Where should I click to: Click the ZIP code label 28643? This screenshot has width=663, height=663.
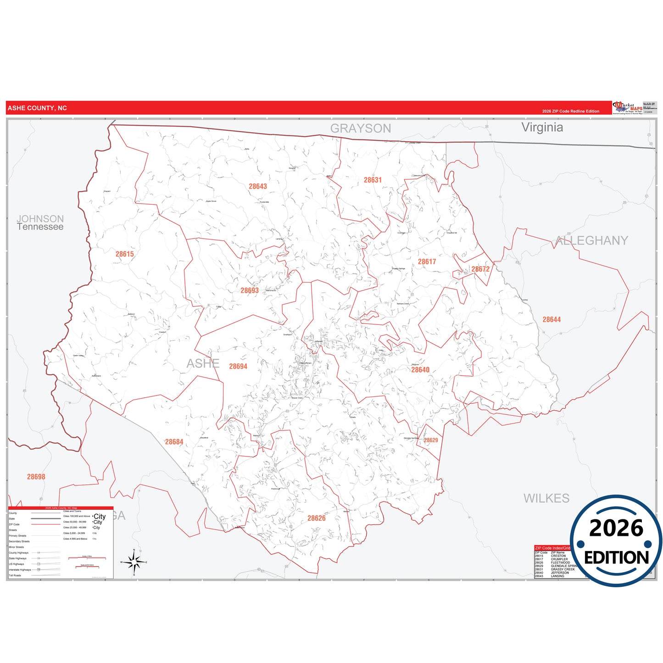click(x=258, y=186)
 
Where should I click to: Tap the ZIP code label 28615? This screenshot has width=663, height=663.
click(x=124, y=254)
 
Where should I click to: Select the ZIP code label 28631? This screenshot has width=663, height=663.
click(x=373, y=180)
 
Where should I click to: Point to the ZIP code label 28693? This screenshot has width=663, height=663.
click(x=250, y=290)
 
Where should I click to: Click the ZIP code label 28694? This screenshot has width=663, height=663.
click(x=238, y=366)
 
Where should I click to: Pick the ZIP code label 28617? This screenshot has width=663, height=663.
click(x=427, y=262)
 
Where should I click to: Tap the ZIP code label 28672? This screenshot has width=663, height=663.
click(x=480, y=269)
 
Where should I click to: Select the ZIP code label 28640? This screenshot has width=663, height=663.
click(x=420, y=370)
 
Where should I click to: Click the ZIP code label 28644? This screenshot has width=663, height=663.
click(x=552, y=319)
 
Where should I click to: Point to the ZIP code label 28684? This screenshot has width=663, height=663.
click(x=174, y=442)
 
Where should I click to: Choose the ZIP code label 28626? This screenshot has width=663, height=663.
click(x=317, y=518)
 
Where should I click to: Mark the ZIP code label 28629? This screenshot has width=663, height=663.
click(x=431, y=440)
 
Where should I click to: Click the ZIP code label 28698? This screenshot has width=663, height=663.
click(x=36, y=477)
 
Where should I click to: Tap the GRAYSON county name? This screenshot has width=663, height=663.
click(x=361, y=128)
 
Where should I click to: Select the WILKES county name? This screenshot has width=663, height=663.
click(x=546, y=498)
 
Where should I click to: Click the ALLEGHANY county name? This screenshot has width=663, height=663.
click(x=592, y=240)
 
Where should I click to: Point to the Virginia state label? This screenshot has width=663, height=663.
click(x=542, y=127)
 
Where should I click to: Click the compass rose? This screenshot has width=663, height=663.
click(x=134, y=562)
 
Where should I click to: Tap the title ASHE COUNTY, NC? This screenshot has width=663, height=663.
click(x=37, y=108)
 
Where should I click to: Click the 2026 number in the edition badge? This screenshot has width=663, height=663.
click(x=616, y=528)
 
